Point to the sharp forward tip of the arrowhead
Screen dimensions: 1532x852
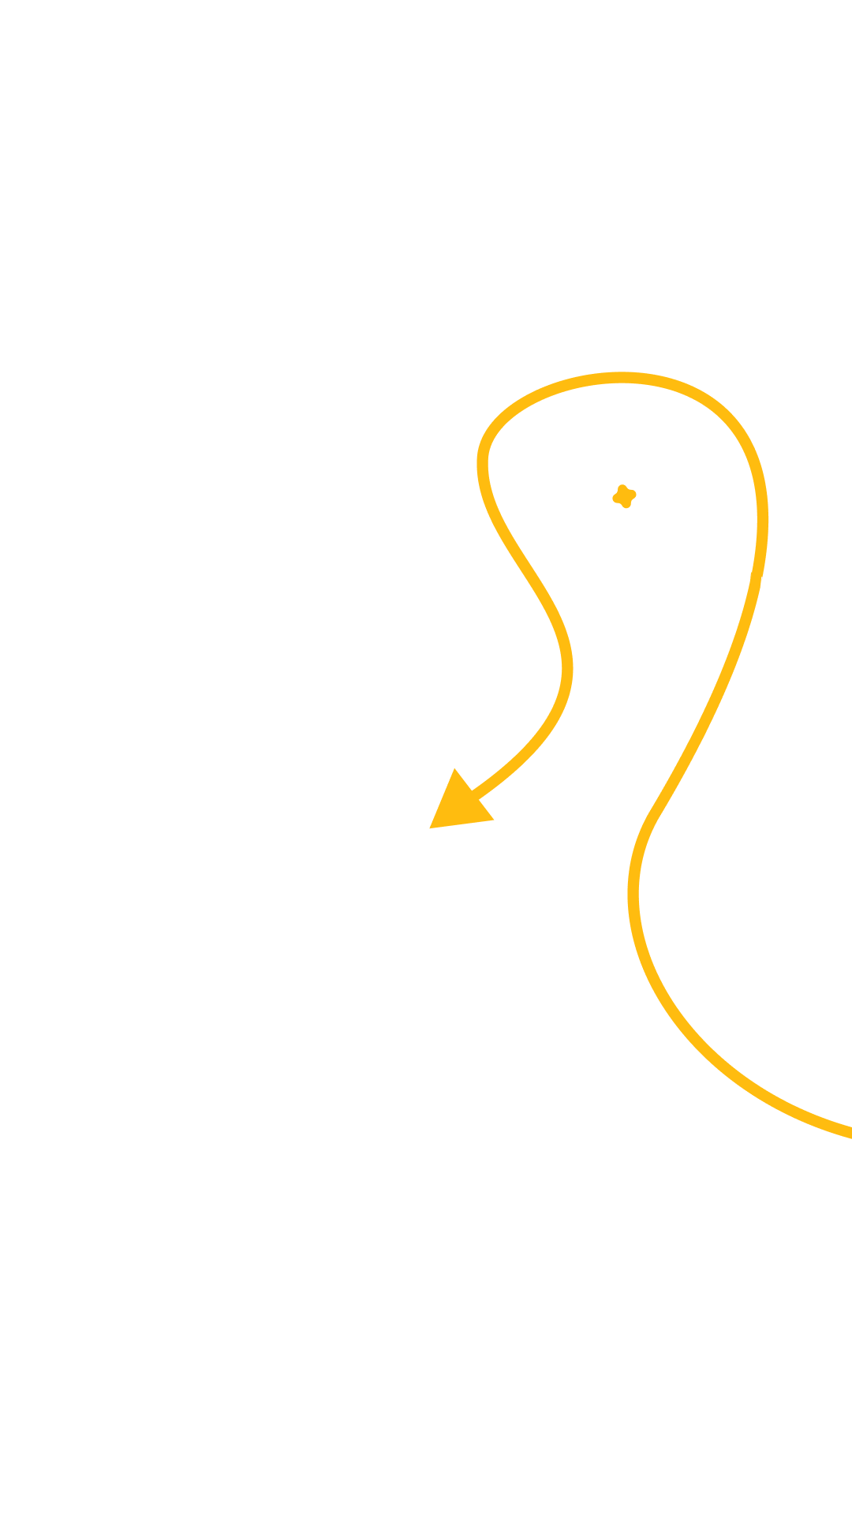pyautogui.click(x=430, y=828)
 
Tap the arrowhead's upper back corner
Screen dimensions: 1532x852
pyautogui.click(x=454, y=768)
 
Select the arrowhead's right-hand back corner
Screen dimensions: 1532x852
pyautogui.click(x=495, y=820)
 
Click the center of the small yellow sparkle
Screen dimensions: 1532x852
pyautogui.click(x=624, y=496)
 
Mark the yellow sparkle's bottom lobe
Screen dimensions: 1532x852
pyautogui.click(x=626, y=505)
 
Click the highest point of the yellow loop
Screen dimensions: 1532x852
pyautogui.click(x=622, y=377)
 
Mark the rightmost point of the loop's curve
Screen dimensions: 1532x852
pyautogui.click(x=763, y=517)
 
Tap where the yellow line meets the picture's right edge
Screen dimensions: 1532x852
pyautogui.click(x=850, y=1133)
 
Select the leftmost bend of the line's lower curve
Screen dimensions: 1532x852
pyautogui.click(x=633, y=891)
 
